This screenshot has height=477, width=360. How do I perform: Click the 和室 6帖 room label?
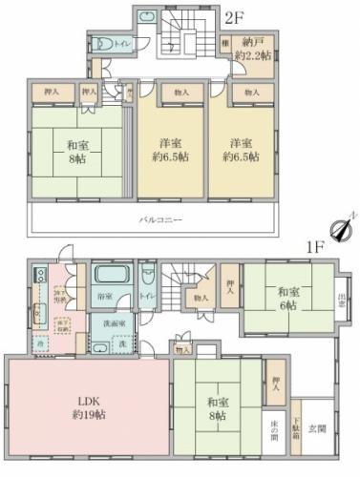(x=287, y=299)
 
